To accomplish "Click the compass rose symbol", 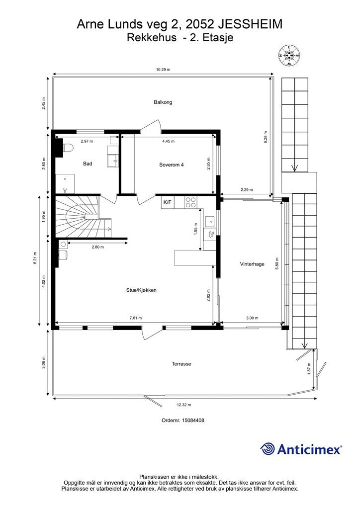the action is pos(289,56).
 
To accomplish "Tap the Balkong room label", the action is pos(163,102).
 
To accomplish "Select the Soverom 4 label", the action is pos(172,165).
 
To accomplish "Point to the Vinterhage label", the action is pos(252,264).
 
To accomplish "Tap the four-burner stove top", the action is pos(190,202).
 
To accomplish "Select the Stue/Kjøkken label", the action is pos(141,290).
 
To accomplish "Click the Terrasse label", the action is pos(181,364).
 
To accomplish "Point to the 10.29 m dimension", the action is pos(163,70).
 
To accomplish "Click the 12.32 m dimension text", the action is pos(184,405).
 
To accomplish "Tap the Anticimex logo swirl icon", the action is pos(268,449).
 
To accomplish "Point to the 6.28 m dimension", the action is pos(266,138).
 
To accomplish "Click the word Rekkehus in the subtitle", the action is pos(152,38).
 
